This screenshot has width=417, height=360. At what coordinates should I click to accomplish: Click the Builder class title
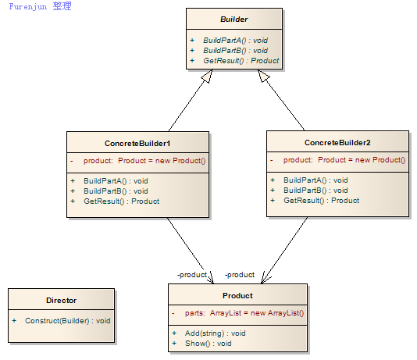tap(234, 20)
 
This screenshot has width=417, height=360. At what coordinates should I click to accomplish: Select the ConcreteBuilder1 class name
tap(137, 144)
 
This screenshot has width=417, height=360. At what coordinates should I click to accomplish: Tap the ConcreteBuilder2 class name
tap(337, 143)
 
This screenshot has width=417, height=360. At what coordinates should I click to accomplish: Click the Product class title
tap(237, 296)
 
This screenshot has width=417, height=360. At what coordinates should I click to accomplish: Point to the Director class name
tap(61, 301)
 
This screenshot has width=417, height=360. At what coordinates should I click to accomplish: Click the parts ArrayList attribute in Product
tap(244, 313)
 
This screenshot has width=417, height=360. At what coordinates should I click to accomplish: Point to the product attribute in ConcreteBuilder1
tap(144, 161)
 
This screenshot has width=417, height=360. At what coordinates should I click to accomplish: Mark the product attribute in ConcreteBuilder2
tap(344, 160)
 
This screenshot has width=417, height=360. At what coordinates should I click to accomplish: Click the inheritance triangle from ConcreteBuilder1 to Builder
tap(208, 76)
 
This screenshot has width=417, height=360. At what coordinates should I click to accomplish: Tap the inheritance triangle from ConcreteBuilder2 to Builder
tap(263, 76)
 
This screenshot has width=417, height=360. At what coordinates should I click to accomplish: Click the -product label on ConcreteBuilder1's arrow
tap(192, 275)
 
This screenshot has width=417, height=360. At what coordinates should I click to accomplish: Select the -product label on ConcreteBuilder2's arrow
tap(240, 275)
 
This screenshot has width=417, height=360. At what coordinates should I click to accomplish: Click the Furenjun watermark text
tap(40, 6)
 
